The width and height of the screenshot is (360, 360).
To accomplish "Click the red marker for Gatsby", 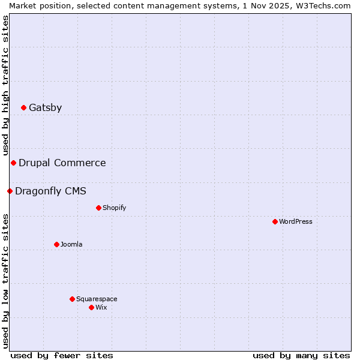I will [24, 108].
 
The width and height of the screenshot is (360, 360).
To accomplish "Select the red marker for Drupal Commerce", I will [13, 163].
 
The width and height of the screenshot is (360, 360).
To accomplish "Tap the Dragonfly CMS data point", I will [10, 191].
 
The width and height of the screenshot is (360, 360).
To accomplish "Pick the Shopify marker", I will [98, 208].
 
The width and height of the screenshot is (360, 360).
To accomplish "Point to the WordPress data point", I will [275, 222].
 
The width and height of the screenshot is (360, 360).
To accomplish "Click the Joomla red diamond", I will [56, 245].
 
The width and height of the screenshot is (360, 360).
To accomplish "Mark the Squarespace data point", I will [72, 299].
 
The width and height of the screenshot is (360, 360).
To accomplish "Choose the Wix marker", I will [91, 308].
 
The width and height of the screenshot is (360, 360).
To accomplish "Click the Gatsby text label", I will [45, 108].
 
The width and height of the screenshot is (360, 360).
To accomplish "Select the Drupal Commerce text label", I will [62, 163].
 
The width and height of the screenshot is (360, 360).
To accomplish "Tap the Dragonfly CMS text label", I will [50, 191].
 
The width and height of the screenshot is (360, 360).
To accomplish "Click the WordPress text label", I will [296, 222].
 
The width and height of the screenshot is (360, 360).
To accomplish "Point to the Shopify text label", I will [114, 208].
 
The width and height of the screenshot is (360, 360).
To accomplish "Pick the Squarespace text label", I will [97, 299].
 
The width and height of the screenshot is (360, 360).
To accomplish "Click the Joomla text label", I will [71, 245].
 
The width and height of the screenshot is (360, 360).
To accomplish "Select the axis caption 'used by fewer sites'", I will [62, 355].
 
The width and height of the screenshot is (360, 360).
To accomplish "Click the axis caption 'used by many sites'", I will [301, 355].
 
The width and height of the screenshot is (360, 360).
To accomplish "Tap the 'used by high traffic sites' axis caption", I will [5, 85].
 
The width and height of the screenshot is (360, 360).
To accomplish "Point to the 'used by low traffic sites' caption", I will [5, 281].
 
